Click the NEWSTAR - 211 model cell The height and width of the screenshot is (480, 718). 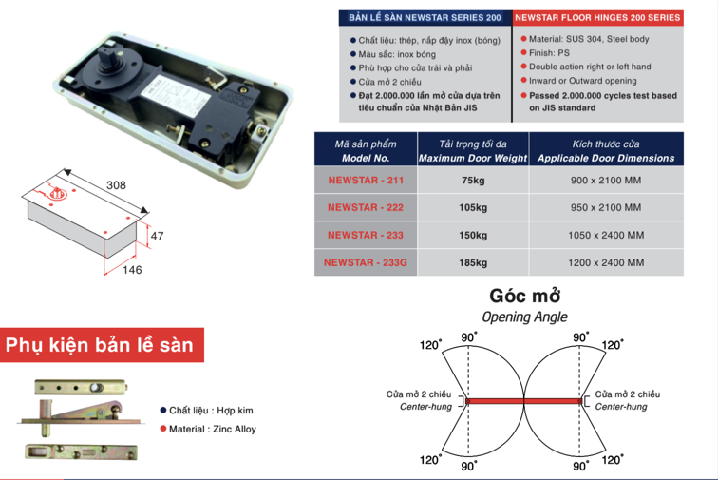(x=365, y=180)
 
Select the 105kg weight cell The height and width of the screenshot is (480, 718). (x=472, y=207)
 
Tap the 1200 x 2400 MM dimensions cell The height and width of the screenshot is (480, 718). (x=605, y=262)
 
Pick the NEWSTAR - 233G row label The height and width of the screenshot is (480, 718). (x=365, y=262)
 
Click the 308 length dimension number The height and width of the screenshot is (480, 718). (x=117, y=184)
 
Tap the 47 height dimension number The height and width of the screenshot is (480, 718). (x=159, y=235)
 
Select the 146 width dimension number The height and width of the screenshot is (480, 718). (x=132, y=270)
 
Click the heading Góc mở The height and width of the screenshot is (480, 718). (x=524, y=297)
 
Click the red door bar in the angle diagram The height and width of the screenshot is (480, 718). (x=524, y=402)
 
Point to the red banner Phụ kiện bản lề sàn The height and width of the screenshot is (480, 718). (x=102, y=345)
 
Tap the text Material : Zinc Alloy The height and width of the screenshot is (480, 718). (x=212, y=429)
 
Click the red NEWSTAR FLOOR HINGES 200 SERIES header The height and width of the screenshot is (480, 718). (x=597, y=18)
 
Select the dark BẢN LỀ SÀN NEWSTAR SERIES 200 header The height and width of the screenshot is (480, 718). (x=425, y=18)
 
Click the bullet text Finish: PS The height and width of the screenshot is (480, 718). (x=552, y=52)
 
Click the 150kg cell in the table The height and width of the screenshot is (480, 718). (x=472, y=235)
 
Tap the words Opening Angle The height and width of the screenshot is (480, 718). (x=524, y=317)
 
